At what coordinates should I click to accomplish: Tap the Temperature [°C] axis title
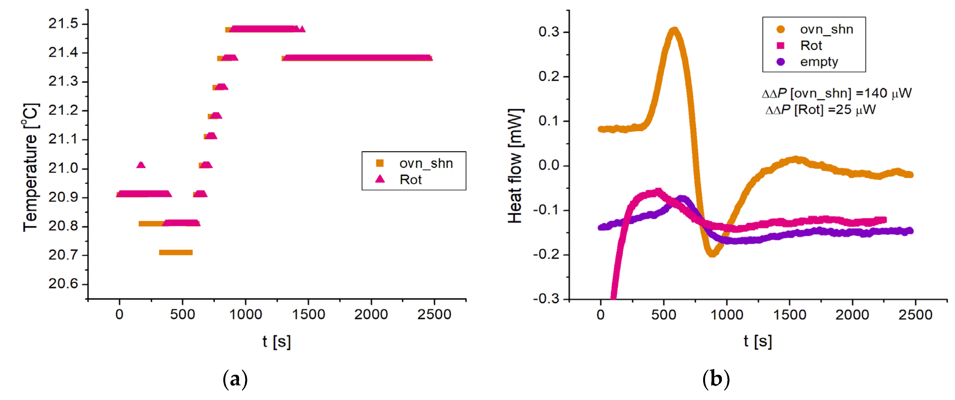tap(30, 167)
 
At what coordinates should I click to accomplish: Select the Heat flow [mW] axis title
tap(515, 166)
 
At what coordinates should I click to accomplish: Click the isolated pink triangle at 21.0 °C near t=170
tap(141, 165)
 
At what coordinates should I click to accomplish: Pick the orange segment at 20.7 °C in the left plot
tap(176, 253)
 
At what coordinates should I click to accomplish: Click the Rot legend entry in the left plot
tap(410, 180)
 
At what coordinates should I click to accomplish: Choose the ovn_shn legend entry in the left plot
tap(425, 163)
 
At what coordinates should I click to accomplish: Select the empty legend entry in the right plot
tap(819, 62)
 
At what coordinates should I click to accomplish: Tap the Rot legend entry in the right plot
tap(811, 46)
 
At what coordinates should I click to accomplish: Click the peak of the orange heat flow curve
tap(674, 30)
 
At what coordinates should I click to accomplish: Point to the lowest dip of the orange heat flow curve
tap(712, 254)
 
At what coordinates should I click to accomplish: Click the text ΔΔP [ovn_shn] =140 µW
tap(836, 93)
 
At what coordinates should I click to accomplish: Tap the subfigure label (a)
tap(235, 380)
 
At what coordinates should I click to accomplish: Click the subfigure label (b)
tap(716, 380)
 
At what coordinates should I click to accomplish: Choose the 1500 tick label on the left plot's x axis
tap(308, 315)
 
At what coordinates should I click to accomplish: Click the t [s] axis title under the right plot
tap(758, 341)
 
